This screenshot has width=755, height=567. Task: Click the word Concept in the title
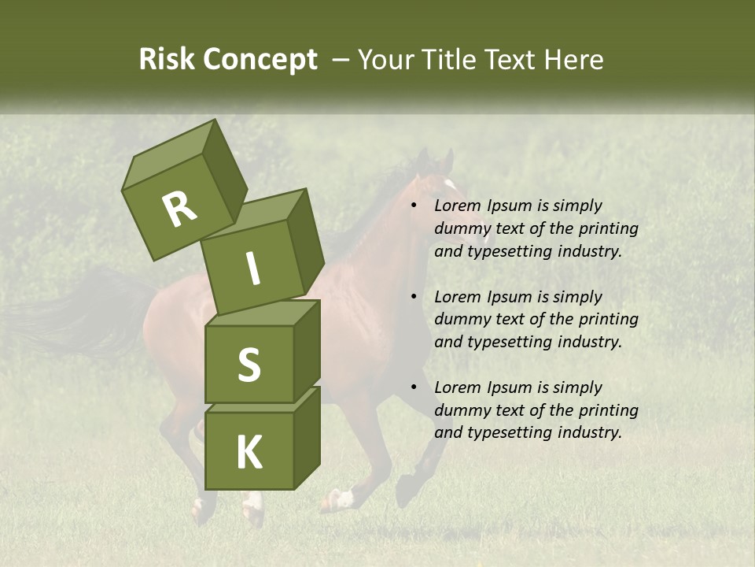pos(261,60)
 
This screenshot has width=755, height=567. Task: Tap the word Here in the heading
pos(573,60)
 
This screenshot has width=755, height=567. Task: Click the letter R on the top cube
pos(179,209)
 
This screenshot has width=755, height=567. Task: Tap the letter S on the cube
pos(249,365)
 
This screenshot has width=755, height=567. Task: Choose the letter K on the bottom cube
pos(249,453)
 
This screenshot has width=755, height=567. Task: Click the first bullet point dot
pos(414,206)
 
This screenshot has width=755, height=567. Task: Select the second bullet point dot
pos(414,297)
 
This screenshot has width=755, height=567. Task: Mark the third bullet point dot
pos(414,387)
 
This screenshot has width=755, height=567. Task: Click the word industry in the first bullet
pos(589,252)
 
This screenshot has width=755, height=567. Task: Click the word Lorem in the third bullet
pos(456,387)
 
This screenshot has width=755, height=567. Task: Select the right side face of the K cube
pos(307,437)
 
